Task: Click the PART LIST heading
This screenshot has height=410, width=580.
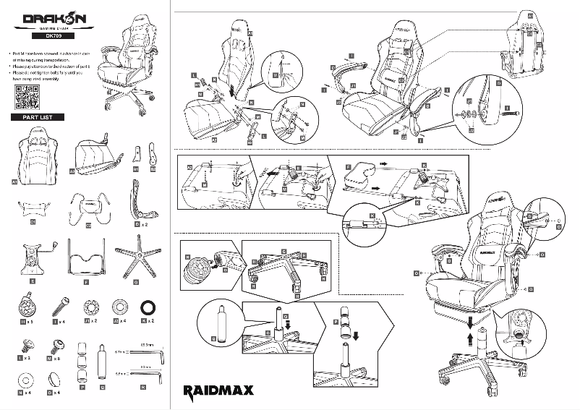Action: pos(33,117)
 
